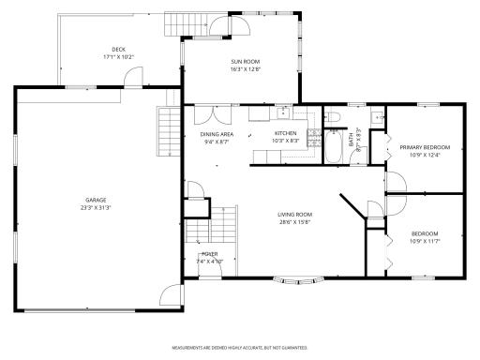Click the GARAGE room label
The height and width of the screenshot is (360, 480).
pos(96,200)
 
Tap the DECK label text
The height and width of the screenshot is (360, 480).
pos(118,49)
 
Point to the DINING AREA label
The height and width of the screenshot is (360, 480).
pos(217,135)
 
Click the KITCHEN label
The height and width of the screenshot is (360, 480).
pos(286,134)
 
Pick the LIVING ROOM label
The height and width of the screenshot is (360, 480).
pos(293,215)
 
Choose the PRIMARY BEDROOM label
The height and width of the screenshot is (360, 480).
pos(425,147)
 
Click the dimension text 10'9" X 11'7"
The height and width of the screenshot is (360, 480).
pos(425,241)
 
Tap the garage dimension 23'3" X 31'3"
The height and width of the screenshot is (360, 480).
pos(96,207)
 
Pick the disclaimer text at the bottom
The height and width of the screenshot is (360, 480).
pos(241,346)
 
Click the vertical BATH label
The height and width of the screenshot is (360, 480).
pos(352,142)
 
